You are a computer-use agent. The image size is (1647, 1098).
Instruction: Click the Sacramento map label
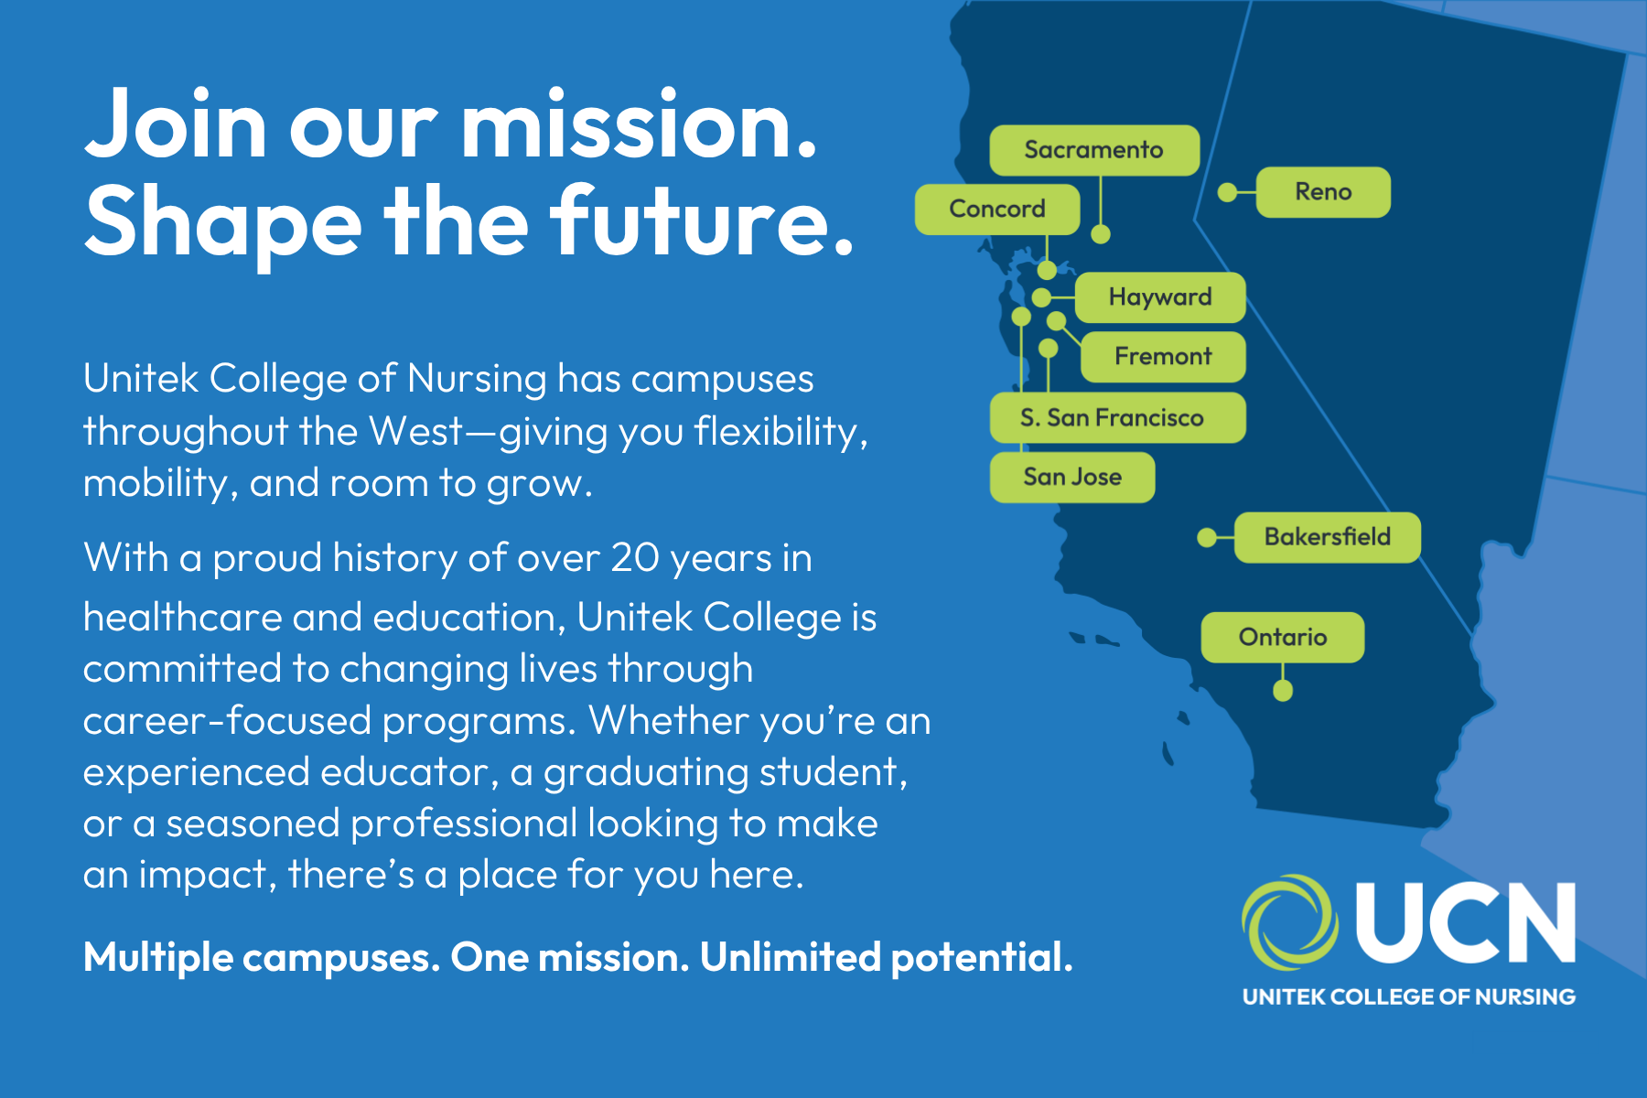(1094, 150)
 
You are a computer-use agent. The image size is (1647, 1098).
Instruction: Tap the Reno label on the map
(1323, 192)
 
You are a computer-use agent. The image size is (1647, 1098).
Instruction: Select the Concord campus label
(997, 210)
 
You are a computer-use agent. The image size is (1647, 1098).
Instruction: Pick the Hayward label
(1160, 297)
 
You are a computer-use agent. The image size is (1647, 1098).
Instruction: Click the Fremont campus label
(1163, 357)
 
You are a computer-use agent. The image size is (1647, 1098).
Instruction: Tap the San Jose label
(1072, 478)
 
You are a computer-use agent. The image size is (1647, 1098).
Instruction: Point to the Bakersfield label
(1328, 537)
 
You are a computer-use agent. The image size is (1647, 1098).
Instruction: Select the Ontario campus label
(1283, 638)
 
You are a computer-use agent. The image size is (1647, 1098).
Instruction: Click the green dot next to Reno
(1228, 192)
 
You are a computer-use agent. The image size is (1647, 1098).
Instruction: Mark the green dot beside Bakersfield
(1207, 537)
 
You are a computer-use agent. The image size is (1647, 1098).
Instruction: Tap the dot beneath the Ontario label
(1283, 691)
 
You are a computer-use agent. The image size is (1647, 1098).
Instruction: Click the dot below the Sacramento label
(1101, 234)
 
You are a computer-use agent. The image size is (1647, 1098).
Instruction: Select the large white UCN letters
(1465, 922)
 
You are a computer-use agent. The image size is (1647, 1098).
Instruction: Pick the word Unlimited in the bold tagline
(790, 957)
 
